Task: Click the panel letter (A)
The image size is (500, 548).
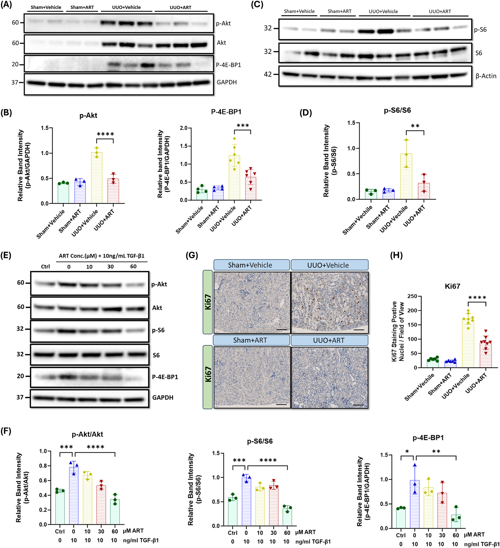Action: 6,5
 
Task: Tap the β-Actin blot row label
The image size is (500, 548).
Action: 486,76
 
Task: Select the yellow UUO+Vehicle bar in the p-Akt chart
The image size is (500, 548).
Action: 97,178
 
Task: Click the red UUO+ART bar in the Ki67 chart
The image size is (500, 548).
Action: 486,354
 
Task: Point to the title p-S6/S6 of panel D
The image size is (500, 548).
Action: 397,110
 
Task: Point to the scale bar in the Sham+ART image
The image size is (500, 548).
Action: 281,404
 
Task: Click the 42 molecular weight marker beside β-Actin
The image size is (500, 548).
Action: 267,74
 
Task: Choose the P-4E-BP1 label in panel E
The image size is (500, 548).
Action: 165,377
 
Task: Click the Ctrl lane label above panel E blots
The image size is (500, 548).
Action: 45,267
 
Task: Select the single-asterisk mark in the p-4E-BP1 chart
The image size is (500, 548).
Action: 407,452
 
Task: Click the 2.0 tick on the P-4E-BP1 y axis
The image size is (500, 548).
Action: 184,128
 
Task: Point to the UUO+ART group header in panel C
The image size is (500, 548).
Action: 440,12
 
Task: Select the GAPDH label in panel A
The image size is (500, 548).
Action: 226,82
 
